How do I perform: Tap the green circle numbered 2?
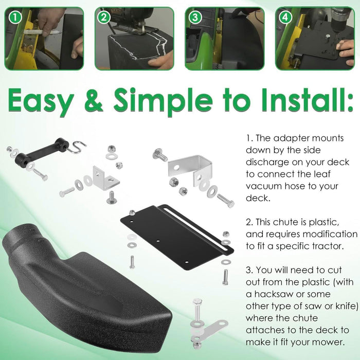pos(105,18)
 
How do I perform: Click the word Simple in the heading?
pos(173,102)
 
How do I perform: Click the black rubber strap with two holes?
pos(42,153)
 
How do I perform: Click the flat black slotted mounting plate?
pos(177,226)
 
